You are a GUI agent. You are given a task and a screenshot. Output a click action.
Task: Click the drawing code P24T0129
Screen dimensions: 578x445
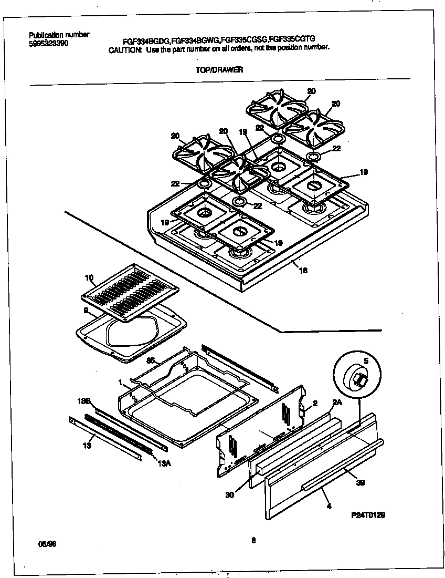click(368, 515)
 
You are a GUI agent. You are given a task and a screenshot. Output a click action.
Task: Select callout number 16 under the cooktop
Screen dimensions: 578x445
click(303, 271)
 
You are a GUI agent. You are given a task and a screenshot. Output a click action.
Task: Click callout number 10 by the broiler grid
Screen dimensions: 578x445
click(88, 277)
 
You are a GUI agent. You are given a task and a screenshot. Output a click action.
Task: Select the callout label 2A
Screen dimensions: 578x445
click(337, 402)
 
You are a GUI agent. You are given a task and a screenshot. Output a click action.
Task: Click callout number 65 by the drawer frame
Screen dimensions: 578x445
click(151, 361)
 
